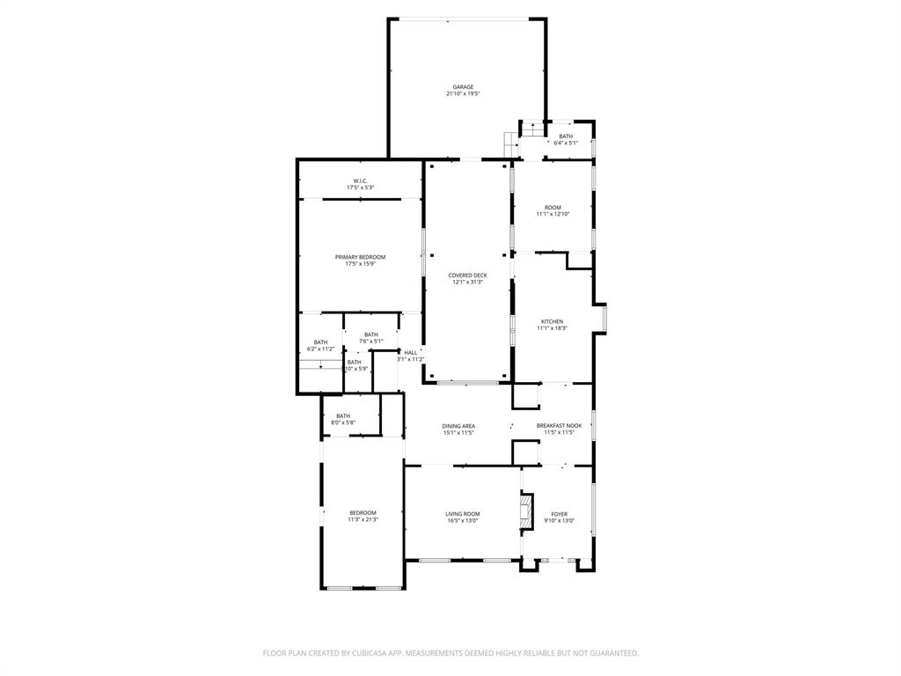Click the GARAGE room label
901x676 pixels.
[x=463, y=87]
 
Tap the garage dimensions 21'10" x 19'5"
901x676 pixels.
[x=463, y=93]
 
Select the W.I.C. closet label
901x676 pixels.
[x=360, y=181]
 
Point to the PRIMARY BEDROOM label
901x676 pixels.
[x=360, y=257]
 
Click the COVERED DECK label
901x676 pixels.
[x=467, y=276]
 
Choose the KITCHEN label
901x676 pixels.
[x=552, y=321]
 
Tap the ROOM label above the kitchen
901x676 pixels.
[x=553, y=208]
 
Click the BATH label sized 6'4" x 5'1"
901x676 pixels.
[x=566, y=136]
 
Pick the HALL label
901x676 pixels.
[x=410, y=352]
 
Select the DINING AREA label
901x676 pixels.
[x=458, y=426]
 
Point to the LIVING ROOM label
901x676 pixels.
[x=462, y=514]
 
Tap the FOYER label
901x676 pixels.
[x=559, y=514]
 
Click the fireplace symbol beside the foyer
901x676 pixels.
[x=527, y=511]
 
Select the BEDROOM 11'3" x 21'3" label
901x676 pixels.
[x=363, y=513]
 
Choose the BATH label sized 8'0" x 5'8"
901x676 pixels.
[x=342, y=416]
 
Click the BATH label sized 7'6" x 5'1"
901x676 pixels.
[x=371, y=334]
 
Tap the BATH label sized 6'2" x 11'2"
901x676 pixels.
[x=320, y=342]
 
